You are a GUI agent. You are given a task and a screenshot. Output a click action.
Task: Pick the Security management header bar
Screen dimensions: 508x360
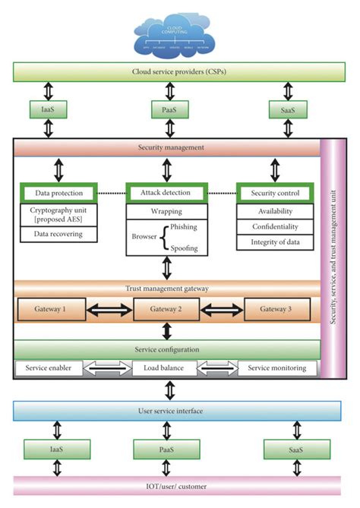[166, 147]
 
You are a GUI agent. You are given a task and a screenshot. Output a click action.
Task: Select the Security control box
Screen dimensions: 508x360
[274, 194]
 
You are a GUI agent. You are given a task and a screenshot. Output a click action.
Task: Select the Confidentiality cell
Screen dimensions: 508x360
[274, 226]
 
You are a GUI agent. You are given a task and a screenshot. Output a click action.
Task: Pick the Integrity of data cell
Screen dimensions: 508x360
[274, 241]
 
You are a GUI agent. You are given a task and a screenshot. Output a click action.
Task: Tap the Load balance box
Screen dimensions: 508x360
[167, 368]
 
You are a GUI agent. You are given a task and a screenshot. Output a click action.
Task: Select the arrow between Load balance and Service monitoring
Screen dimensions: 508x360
[216, 368]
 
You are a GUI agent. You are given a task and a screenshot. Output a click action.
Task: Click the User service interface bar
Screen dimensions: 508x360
[169, 411]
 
